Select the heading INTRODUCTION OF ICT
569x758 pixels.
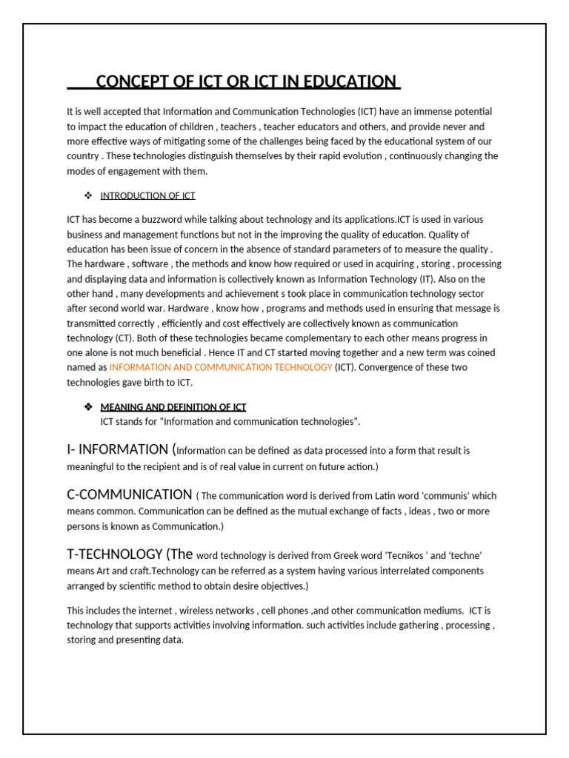147,196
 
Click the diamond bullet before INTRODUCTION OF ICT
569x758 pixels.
87,196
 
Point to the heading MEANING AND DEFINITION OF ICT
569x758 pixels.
173,407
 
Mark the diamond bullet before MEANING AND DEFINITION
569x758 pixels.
87,407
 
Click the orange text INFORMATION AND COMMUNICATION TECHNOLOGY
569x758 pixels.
221,367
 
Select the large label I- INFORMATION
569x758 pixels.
117,449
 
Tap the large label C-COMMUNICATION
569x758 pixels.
129,494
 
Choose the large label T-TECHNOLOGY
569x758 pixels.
115,554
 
